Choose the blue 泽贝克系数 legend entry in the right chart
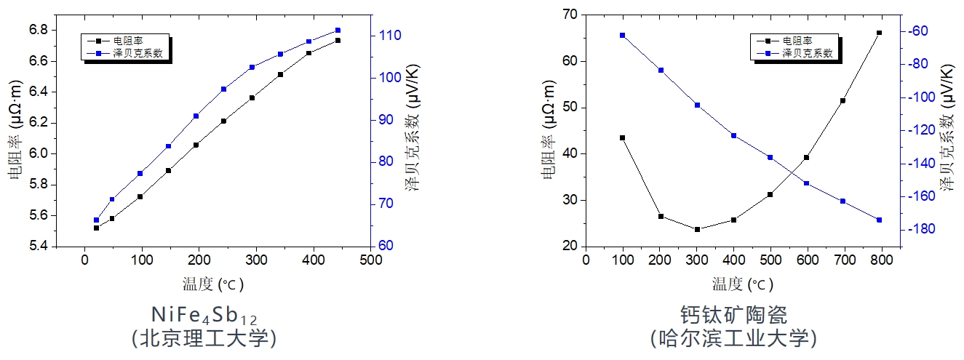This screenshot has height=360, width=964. (808, 53)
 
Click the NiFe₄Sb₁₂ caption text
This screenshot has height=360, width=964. (204, 315)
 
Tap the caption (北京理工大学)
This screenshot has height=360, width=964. (204, 338)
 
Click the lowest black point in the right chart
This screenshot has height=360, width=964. (697, 229)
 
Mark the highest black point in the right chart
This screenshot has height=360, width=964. (879, 33)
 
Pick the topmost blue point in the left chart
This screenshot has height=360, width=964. (338, 30)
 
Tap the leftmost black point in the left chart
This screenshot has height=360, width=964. (96, 228)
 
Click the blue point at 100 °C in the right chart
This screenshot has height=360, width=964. (623, 35)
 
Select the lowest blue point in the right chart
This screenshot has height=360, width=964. (879, 220)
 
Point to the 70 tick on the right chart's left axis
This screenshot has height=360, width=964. (567, 15)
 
